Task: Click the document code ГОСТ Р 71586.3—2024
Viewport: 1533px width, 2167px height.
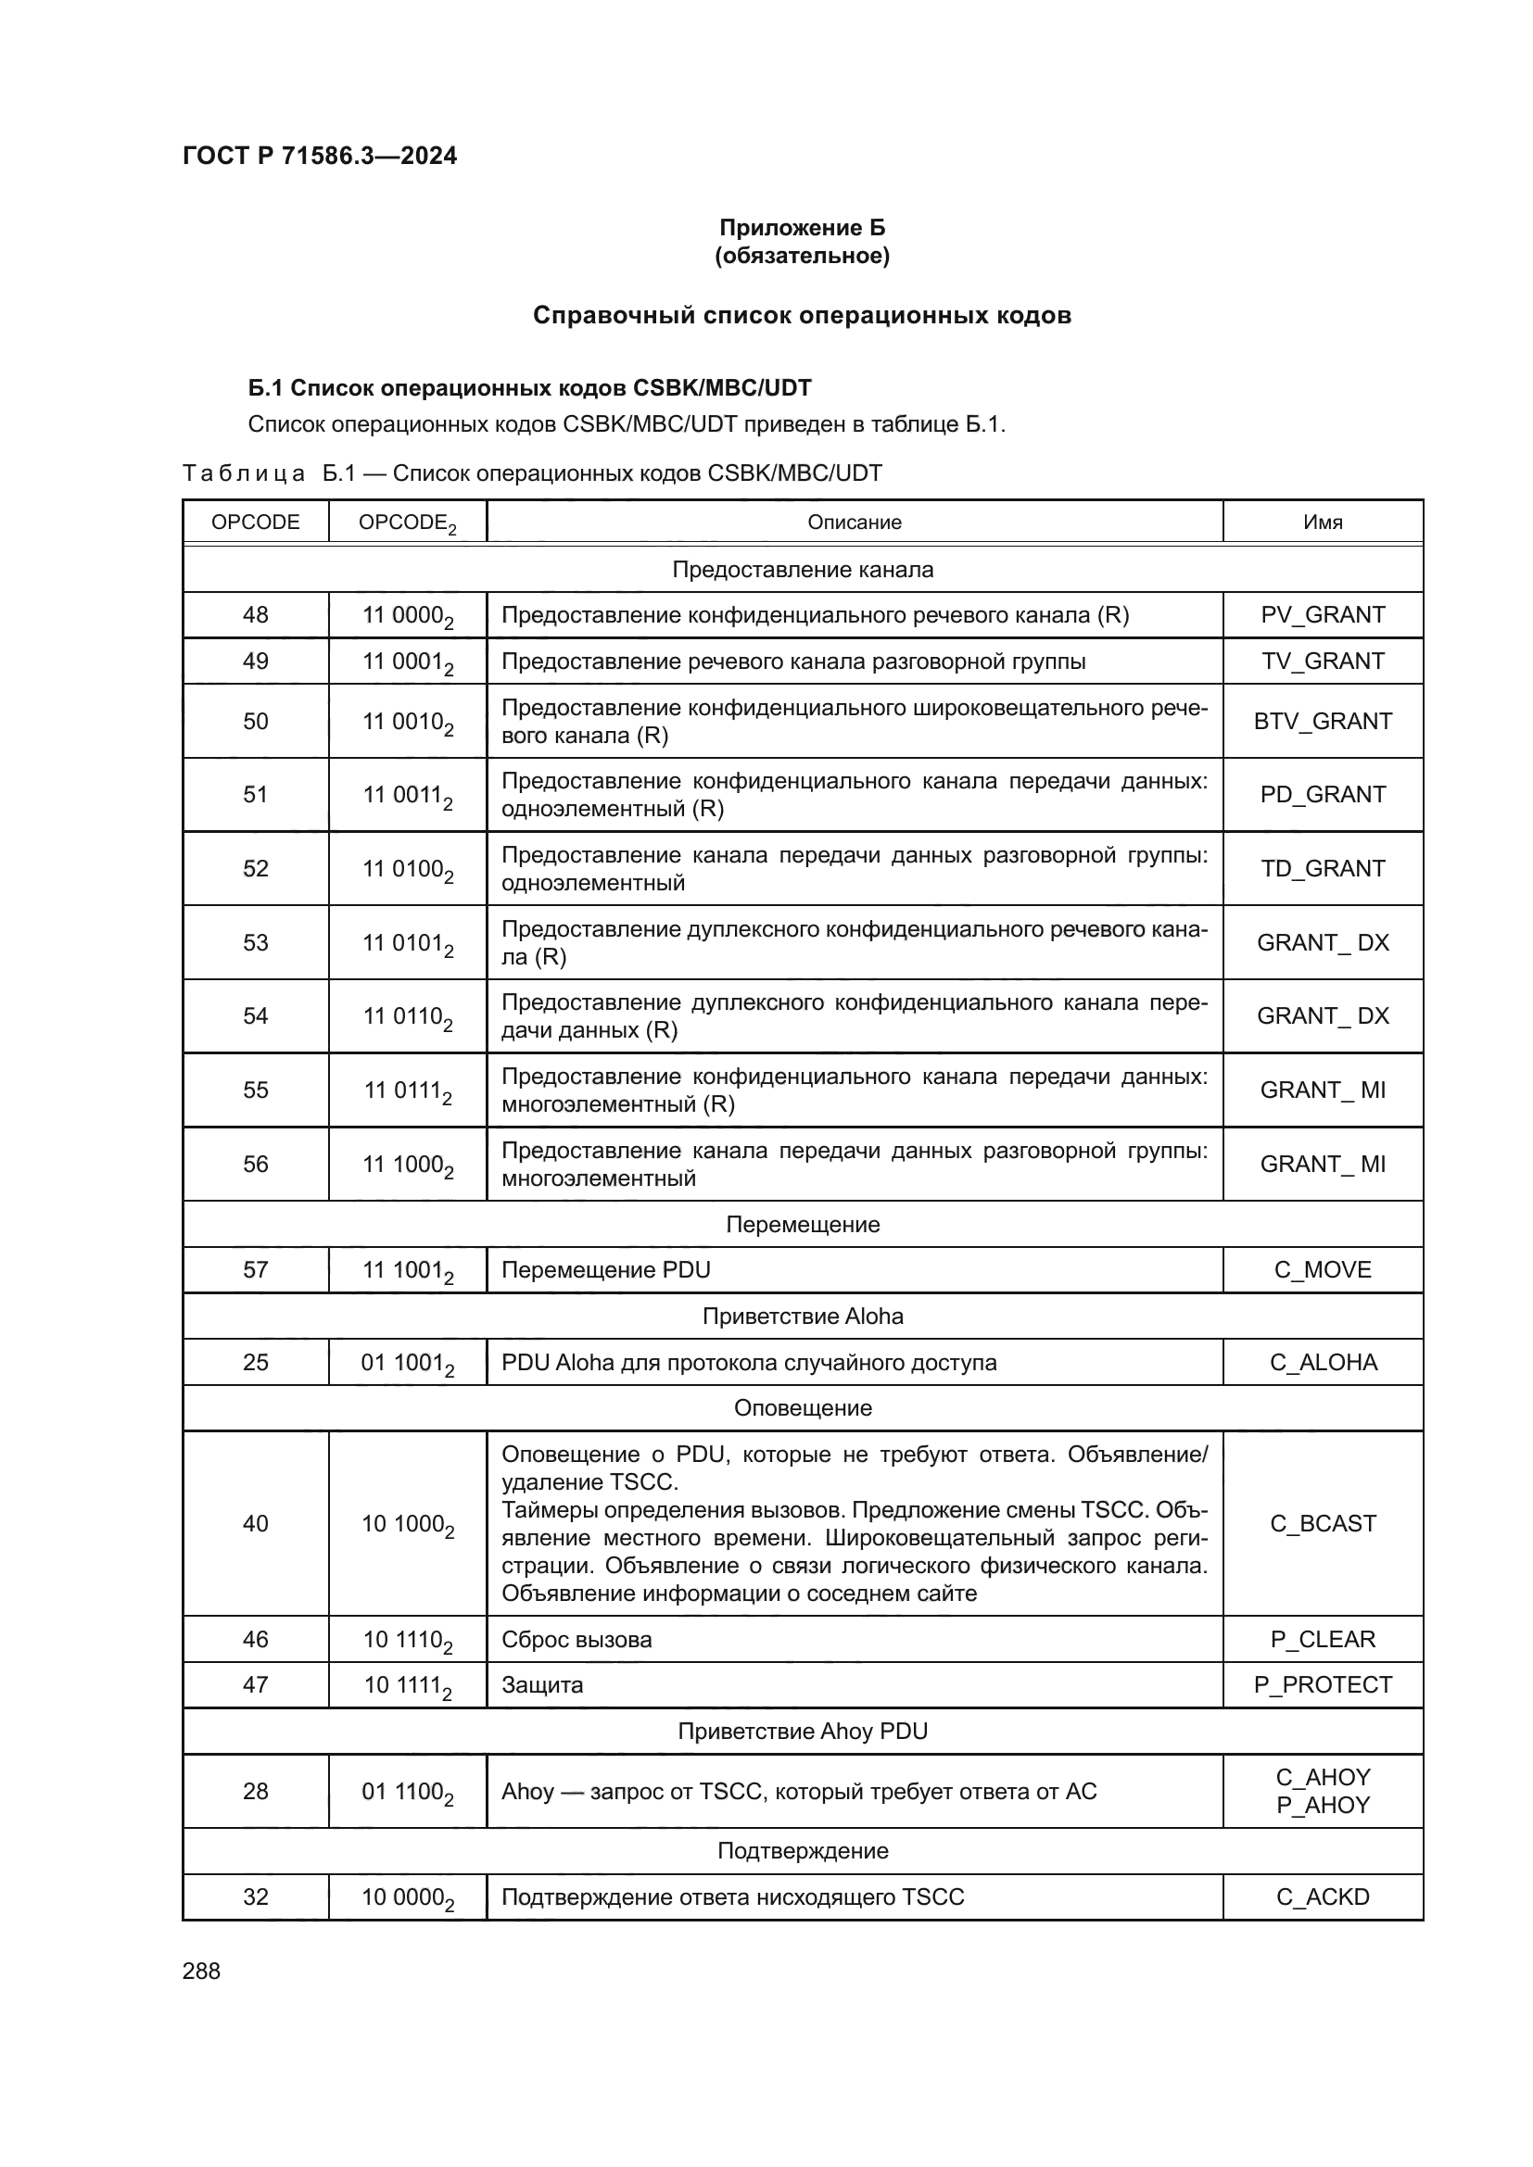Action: coord(319,156)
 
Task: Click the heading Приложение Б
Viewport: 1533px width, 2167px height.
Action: coord(802,228)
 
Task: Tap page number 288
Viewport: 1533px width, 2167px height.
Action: coord(201,1971)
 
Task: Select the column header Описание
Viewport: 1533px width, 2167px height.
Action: coord(854,522)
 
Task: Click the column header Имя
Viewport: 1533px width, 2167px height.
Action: coord(1322,522)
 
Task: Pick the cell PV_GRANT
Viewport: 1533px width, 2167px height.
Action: coord(1322,614)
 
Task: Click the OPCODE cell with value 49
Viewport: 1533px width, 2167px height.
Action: coord(255,661)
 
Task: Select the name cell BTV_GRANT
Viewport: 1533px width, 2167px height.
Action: coord(1322,721)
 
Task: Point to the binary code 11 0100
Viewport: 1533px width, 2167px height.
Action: coord(407,868)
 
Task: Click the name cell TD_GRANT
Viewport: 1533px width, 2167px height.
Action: coord(1322,868)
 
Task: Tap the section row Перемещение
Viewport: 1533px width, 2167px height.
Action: coord(802,1224)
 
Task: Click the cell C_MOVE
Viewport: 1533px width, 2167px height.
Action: coord(1322,1269)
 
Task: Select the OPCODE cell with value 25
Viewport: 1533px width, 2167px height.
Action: coord(255,1362)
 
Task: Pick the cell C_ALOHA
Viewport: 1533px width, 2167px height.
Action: coord(1322,1362)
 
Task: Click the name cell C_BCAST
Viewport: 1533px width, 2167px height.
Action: coord(1322,1523)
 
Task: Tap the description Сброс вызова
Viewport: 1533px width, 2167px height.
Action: coord(576,1640)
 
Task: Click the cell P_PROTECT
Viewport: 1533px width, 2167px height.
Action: coord(1322,1684)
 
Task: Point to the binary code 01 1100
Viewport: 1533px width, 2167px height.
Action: coord(407,1792)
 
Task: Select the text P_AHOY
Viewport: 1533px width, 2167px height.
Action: coord(1322,1805)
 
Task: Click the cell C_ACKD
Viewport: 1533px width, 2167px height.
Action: coord(1322,1897)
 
